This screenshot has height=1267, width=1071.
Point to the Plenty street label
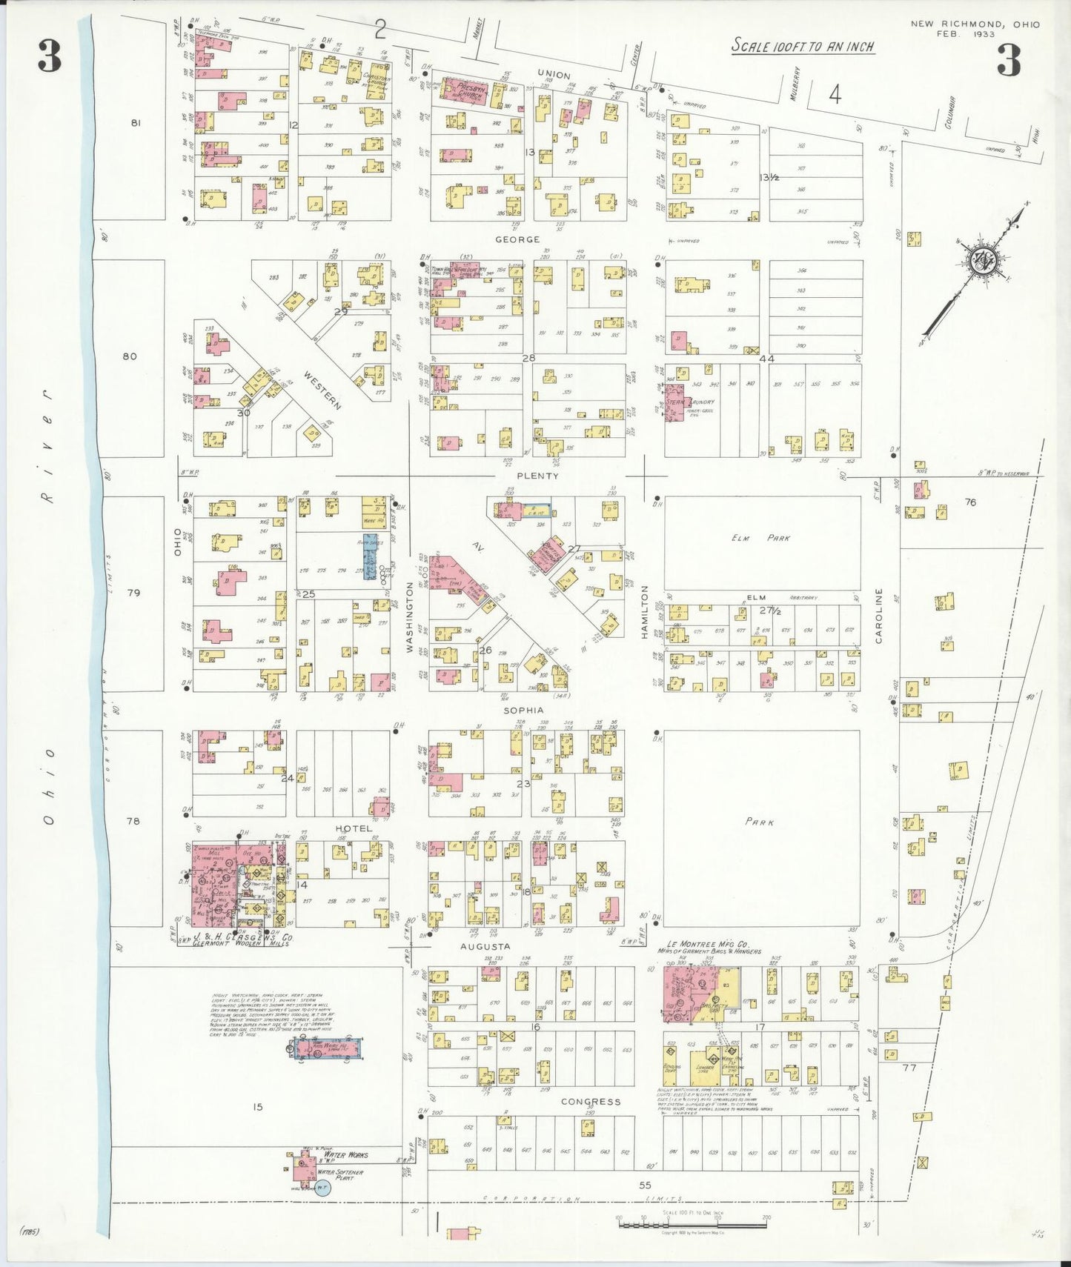537,476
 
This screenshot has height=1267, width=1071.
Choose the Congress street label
590,1102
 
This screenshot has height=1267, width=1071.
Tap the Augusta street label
485,946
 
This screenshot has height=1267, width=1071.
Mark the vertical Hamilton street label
645,612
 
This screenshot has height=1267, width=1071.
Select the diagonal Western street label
322,390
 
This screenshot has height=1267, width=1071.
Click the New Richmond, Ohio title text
975,24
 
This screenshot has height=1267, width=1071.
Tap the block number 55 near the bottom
645,1185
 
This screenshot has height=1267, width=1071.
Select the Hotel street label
353,828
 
